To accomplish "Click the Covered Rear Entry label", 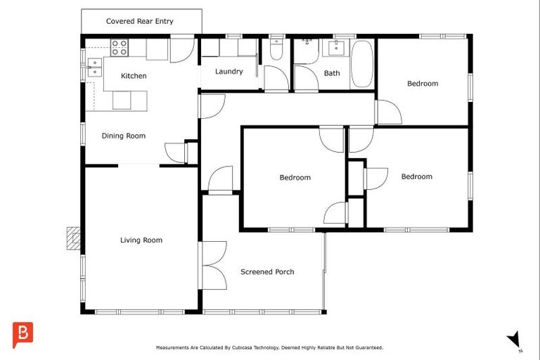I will (139, 21).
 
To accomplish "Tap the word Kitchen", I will (134, 76).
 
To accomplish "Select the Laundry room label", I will (229, 72).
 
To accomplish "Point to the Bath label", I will (332, 73).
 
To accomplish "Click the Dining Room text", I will (124, 136).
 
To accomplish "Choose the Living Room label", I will (141, 240).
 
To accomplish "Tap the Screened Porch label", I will (267, 272).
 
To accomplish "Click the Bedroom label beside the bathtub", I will (423, 84).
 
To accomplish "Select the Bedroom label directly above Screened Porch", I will (295, 178).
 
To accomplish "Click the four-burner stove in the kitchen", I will (120, 48).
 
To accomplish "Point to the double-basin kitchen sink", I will (94, 66).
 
